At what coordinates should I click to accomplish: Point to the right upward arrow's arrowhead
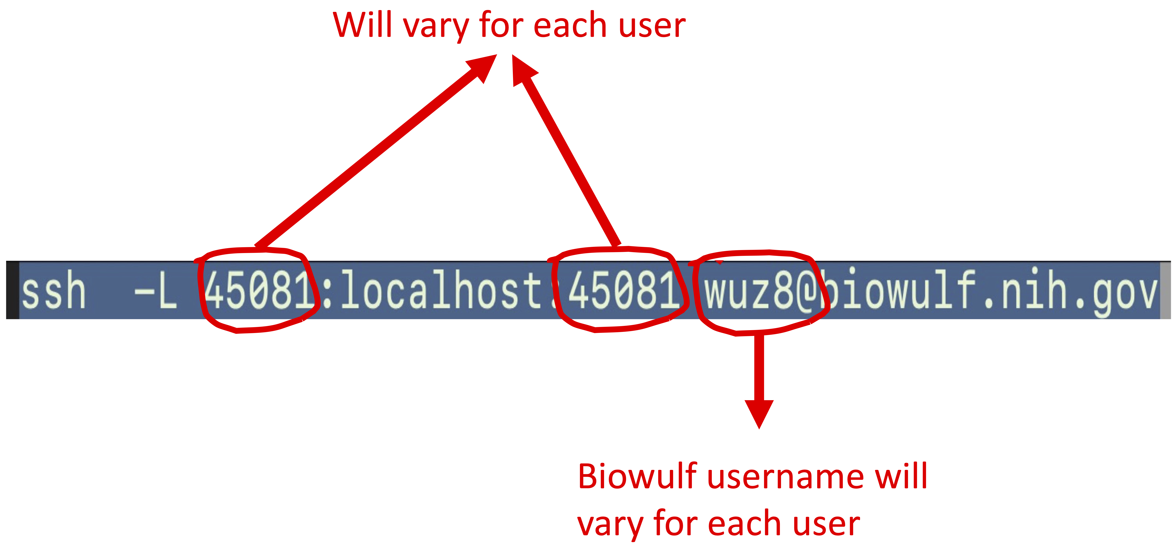[522, 69]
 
